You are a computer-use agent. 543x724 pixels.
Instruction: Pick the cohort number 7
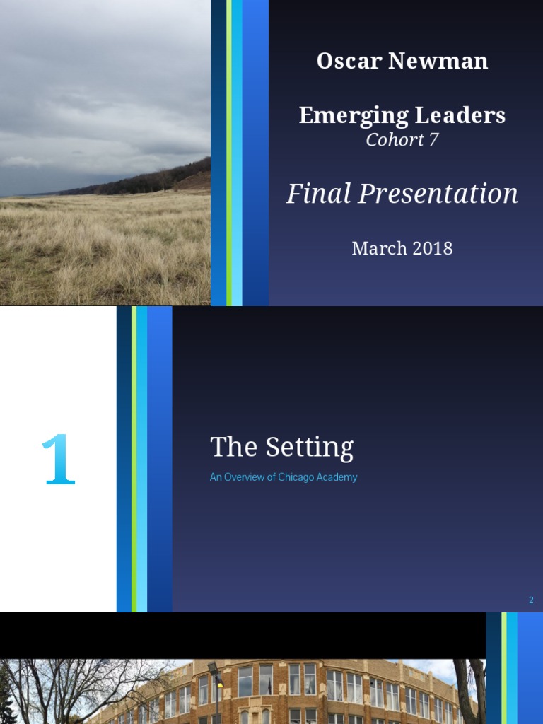click(x=433, y=139)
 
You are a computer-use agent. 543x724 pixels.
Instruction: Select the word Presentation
click(x=439, y=193)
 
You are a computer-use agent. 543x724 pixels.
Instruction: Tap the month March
click(x=380, y=248)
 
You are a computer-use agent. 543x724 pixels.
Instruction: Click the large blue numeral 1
click(x=58, y=460)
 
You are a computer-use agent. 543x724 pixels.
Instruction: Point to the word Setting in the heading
click(x=309, y=448)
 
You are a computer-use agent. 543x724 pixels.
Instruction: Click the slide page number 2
click(x=531, y=600)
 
